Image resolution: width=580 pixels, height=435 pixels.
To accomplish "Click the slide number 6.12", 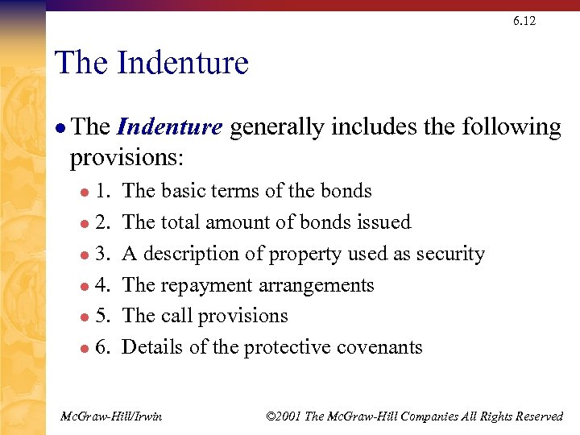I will point(524,20).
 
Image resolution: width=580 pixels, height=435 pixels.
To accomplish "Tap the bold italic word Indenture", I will point(169,127).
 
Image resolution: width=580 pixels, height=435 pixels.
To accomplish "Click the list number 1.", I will point(104,192).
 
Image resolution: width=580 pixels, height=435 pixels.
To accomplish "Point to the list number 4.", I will point(104,285).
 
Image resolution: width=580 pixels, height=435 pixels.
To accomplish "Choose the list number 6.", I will point(104,347).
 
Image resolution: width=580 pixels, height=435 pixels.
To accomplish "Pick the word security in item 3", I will point(449,254).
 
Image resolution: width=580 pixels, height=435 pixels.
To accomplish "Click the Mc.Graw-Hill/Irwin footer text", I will point(112,416).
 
